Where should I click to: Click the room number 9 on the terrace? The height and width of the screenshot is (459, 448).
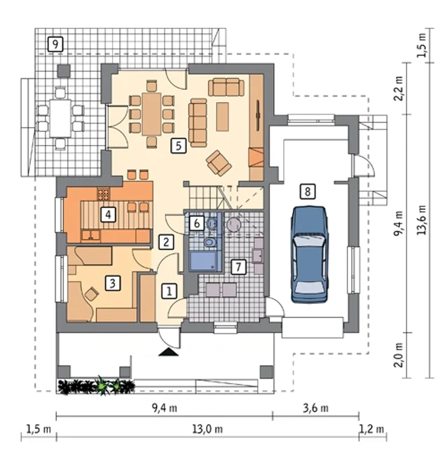tap(55, 44)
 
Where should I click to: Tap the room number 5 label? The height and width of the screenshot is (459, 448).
tap(178, 145)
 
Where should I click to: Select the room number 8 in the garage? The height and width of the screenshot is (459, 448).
tap(308, 192)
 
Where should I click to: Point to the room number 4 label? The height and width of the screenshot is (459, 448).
tap(108, 214)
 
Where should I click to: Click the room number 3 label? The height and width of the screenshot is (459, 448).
tap(113, 283)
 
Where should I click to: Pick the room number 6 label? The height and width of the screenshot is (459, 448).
tap(196, 223)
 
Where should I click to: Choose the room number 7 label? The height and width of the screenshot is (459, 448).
tap(238, 267)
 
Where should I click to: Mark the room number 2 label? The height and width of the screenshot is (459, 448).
tap(166, 242)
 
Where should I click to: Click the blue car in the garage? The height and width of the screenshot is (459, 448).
tap(310, 254)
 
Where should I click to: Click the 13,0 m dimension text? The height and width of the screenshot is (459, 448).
tap(208, 430)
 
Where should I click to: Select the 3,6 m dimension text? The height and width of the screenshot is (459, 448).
tap(315, 409)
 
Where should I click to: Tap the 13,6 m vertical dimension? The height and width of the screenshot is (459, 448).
tap(421, 220)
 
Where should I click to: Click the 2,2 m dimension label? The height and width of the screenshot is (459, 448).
tap(399, 88)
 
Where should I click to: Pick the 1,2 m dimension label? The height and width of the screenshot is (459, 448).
tap(372, 430)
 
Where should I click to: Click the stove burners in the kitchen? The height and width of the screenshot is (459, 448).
tap(104, 194)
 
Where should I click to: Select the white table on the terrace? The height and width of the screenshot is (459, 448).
tap(60, 119)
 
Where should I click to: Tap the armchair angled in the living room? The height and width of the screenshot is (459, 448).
tap(218, 163)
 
